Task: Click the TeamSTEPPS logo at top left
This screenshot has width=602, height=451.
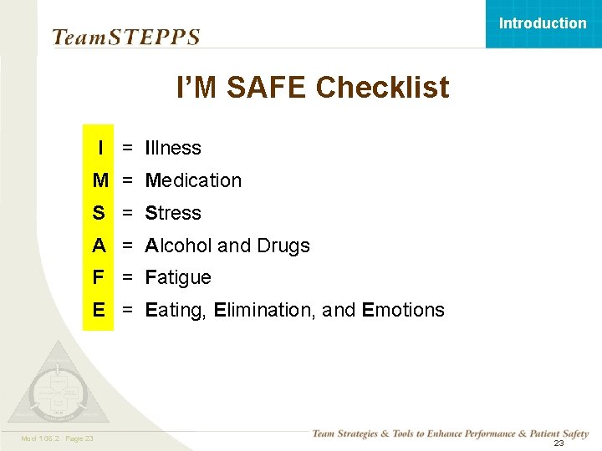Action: point(125,37)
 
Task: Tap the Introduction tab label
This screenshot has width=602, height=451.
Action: point(543,23)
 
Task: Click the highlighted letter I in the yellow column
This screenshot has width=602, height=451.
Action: point(100,148)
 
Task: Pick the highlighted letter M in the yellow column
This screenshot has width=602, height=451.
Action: point(100,180)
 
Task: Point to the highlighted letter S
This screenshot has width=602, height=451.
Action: point(99,213)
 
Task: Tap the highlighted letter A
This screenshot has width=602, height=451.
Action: point(99,246)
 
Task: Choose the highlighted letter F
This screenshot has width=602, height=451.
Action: point(99,277)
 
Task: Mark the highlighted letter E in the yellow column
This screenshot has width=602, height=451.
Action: point(99,310)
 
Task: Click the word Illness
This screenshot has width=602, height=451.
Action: point(173,148)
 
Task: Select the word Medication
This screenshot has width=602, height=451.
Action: point(193,180)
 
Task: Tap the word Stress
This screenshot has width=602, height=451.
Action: point(173,213)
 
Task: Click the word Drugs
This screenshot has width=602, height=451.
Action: point(283,246)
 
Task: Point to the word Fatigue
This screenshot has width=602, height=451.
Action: point(178,277)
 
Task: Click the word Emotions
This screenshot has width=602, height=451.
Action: point(403,310)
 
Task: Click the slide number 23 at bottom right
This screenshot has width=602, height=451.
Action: point(559,443)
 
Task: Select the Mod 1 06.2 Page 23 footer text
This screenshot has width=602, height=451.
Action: point(56,438)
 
